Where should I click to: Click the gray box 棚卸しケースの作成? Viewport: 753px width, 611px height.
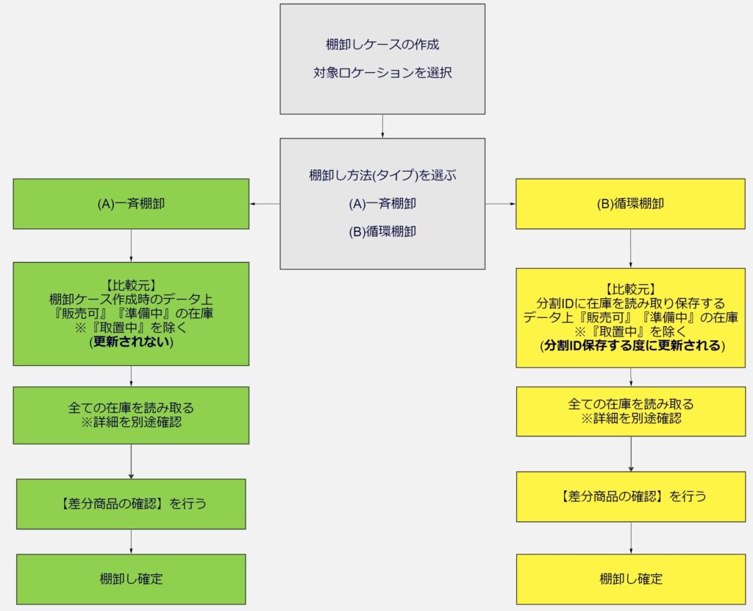point(382,59)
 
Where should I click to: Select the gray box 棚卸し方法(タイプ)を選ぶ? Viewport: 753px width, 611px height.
point(382,203)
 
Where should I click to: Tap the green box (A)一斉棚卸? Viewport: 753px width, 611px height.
point(131,204)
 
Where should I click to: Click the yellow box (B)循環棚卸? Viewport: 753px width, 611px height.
point(630,204)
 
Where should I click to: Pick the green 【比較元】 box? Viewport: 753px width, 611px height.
point(131,314)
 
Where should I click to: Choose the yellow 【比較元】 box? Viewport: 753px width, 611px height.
point(630,317)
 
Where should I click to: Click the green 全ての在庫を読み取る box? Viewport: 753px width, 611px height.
point(131,415)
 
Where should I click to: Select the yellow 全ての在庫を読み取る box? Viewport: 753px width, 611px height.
point(630,412)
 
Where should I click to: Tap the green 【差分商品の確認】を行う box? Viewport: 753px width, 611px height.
point(131,504)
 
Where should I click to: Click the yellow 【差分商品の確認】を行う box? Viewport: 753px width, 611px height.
point(630,496)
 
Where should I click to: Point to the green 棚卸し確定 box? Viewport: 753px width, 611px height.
point(131,579)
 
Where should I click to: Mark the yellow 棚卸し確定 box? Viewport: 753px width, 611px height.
point(630,579)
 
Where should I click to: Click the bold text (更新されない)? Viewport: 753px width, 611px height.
point(131,342)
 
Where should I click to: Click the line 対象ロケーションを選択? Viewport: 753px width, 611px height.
point(382,74)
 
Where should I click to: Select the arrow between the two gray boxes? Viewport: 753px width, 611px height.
point(382,126)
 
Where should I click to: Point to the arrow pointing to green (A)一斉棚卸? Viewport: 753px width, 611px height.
point(265,204)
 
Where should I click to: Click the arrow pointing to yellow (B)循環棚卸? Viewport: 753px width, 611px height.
point(501,204)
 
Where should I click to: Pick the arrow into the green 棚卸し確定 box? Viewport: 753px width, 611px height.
point(131,542)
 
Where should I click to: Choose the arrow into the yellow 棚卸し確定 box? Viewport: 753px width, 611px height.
point(631,538)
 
